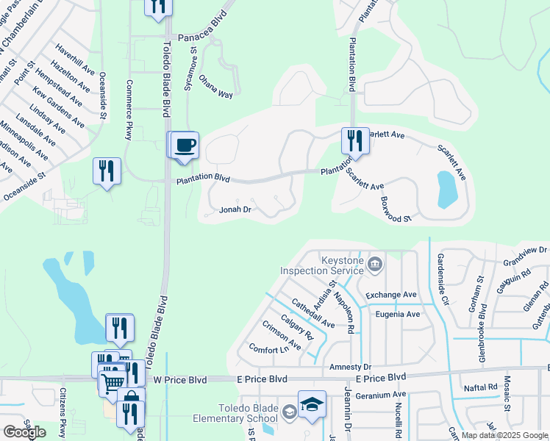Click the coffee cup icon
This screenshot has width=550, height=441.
186,145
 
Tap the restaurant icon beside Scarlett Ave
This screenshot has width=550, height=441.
355,140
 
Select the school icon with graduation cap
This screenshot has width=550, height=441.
312,405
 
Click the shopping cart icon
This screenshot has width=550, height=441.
113,382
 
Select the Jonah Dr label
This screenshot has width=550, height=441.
236,209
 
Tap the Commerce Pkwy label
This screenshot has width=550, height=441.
129,109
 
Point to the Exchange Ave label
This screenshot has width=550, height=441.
391,295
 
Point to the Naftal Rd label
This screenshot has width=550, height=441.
482,387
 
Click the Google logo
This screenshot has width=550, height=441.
24,431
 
